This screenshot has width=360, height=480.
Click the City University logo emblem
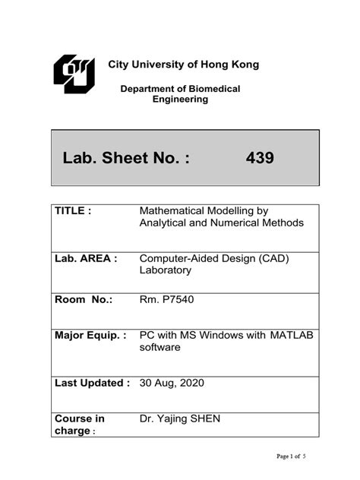(74, 74)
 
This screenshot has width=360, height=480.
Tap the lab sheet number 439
(260, 158)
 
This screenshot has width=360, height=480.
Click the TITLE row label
(73, 210)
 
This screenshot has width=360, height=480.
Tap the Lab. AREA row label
(86, 258)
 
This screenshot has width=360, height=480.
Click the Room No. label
(84, 300)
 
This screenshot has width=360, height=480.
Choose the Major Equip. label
(90, 336)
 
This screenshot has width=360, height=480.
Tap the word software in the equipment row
(160, 348)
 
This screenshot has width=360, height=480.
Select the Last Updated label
(93, 383)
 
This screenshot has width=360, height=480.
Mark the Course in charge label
(79, 425)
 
